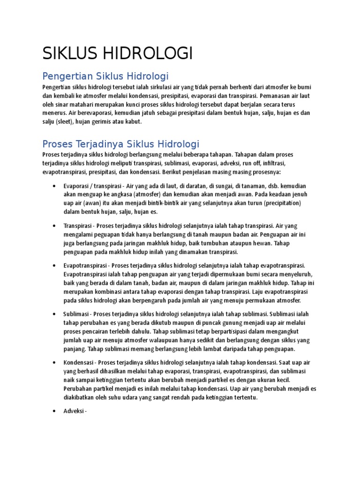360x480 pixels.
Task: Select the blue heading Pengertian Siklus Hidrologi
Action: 105,76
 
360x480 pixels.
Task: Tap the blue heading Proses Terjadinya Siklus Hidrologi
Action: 121,143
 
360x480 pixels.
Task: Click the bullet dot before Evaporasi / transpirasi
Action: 56,186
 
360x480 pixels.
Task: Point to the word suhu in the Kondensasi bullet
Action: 132,397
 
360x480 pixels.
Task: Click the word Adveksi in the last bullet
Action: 74,411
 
